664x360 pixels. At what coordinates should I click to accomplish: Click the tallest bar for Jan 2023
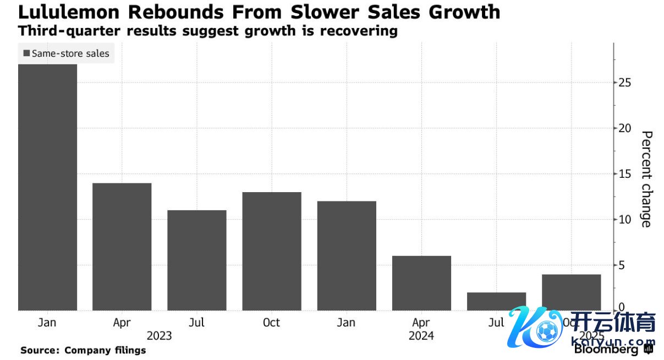[47, 187]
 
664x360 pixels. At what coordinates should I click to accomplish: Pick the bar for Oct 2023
[272, 251]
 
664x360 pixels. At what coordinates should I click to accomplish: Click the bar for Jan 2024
[347, 255]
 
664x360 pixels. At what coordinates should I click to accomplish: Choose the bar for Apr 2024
[421, 283]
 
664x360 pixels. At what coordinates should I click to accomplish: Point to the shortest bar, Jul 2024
[496, 301]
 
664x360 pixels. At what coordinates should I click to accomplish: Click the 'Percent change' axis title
[646, 179]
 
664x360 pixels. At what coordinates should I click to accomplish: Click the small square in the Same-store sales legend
[26, 54]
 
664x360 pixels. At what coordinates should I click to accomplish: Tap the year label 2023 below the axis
[159, 336]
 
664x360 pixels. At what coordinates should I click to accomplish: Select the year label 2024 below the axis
[421, 336]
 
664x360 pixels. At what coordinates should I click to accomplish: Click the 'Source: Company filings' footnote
[83, 350]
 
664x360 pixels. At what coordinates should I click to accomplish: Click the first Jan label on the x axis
[47, 323]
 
